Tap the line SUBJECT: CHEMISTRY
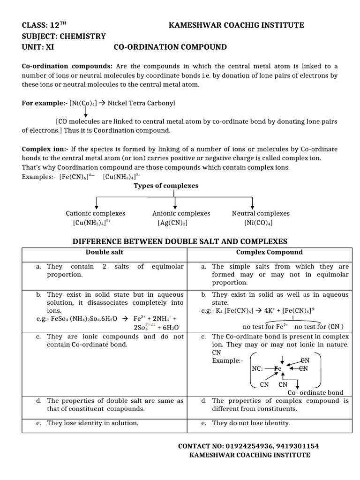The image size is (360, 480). (x=64, y=36)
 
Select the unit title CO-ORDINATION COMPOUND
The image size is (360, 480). (x=170, y=47)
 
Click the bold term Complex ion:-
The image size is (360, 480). (x=45, y=149)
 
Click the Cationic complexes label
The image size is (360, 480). (x=96, y=213)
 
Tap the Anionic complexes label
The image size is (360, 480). (x=175, y=213)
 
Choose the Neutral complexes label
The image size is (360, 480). (x=255, y=213)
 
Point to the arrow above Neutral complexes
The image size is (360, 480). (x=253, y=202)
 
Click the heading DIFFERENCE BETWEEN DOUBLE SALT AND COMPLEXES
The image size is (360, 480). (x=179, y=241)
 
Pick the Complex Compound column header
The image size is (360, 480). (x=269, y=252)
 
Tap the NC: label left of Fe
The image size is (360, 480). (x=258, y=368)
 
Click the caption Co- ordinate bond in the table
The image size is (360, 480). (x=315, y=392)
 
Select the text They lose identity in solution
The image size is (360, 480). (x=92, y=423)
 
